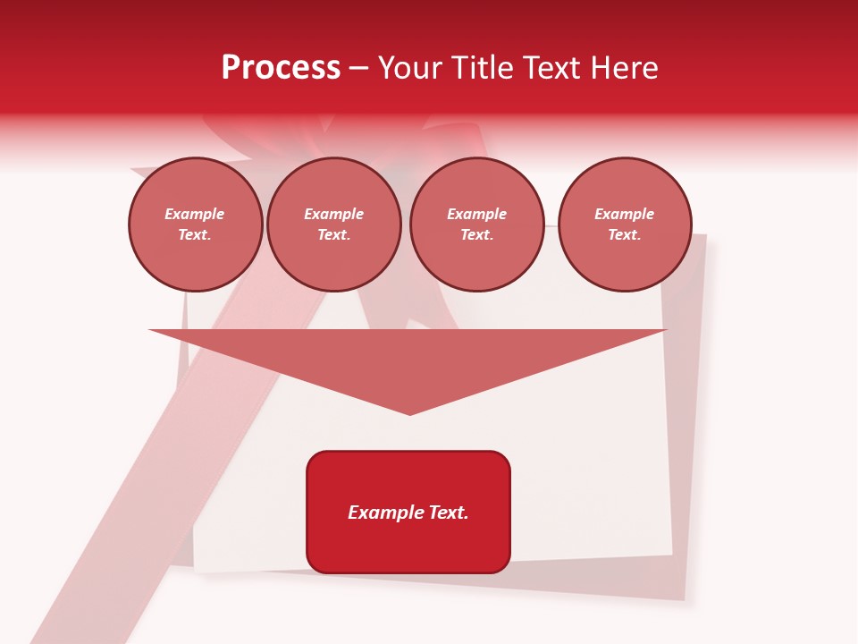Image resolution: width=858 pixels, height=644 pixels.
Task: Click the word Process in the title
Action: [x=281, y=68]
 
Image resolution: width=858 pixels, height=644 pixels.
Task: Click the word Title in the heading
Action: [x=478, y=68]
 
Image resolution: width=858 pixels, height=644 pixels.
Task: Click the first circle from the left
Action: [x=196, y=225]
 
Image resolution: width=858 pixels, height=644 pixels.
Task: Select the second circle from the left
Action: [x=333, y=225]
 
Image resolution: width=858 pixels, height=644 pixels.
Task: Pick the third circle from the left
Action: [x=476, y=225]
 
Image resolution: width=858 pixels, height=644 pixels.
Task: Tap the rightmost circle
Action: [x=625, y=225]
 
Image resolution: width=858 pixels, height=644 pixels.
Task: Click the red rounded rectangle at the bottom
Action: [x=408, y=512]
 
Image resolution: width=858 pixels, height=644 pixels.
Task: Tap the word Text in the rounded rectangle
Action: [x=450, y=513]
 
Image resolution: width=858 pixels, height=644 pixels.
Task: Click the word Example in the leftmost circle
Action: [x=195, y=214]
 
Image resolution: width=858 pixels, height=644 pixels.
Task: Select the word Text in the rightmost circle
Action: [x=624, y=235]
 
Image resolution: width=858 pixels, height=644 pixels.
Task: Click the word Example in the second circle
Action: [x=333, y=214]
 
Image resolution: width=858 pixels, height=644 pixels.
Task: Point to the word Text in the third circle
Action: [x=476, y=235]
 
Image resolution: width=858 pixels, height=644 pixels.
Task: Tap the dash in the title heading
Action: [x=358, y=69]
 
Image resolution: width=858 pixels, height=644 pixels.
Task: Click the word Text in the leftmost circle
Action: [x=195, y=235]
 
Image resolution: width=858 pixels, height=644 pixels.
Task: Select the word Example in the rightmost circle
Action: [x=624, y=214]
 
